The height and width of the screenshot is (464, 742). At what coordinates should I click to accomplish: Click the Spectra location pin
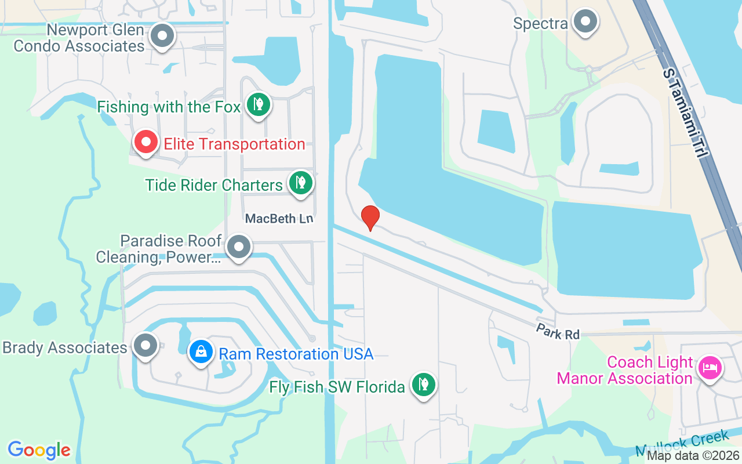585,22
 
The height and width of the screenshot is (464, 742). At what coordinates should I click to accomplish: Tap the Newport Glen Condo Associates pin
162,36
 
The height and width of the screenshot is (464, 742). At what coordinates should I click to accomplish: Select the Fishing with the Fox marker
258,105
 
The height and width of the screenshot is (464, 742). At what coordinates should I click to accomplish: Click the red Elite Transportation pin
146,142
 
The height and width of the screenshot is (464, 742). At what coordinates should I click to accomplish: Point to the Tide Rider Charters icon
300,183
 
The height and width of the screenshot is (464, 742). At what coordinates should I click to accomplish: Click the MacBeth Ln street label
279,219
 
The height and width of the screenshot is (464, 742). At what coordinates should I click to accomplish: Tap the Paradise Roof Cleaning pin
238,248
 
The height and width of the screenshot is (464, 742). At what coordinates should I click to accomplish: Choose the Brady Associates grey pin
146,346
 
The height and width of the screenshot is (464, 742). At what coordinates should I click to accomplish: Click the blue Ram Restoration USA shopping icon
201,351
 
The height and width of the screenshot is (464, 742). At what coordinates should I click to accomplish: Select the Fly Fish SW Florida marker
424,385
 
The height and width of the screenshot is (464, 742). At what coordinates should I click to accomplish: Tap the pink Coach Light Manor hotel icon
710,367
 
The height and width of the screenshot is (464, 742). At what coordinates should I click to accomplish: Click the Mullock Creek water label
683,443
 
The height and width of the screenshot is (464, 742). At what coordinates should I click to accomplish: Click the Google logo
39,449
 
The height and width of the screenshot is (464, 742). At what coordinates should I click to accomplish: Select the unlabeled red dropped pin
370,217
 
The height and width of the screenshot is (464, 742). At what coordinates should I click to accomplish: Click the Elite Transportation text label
234,144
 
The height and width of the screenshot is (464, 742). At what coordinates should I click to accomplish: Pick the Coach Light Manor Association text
625,371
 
